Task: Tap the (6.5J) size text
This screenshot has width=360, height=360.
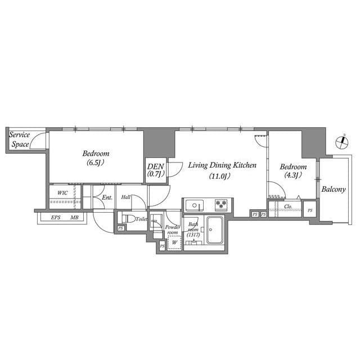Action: coord(96,163)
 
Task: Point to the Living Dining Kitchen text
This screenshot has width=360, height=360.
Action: coord(222,165)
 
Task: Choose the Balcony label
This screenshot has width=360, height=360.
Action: coord(333,190)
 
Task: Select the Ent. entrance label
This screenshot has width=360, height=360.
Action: coord(107,197)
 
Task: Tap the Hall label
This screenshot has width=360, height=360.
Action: coord(125,197)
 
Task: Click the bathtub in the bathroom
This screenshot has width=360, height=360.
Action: coord(216,229)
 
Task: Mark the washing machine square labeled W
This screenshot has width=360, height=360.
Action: coord(174,242)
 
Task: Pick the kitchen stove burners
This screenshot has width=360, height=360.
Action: coord(220,203)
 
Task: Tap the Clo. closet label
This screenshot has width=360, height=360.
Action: coord(287,206)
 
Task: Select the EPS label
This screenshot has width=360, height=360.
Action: coord(56,217)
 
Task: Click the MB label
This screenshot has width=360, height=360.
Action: coord(74,217)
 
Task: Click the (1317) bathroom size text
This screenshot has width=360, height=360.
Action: coord(193,236)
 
